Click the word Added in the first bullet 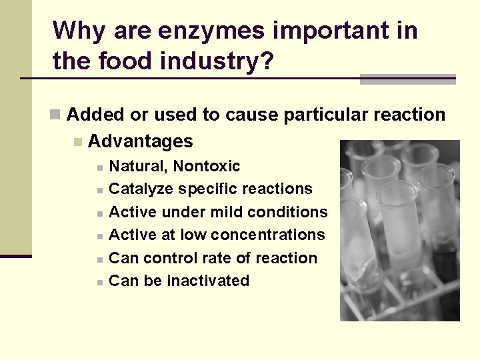coord(96,115)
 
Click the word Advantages coord(141,141)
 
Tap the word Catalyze coord(139,189)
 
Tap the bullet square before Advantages coord(78,142)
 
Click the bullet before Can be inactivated coord(99,282)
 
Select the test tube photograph coord(399,231)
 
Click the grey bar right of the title coord(407,79)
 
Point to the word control coord(169,258)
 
